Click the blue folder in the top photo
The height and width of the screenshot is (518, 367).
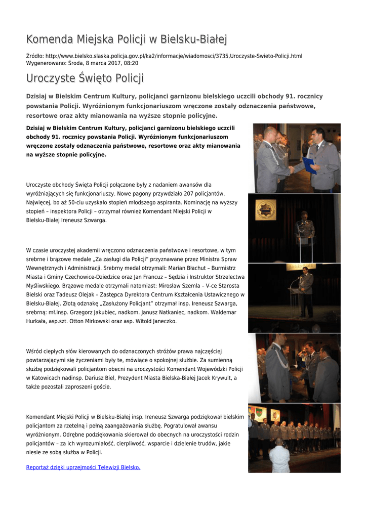tap(309, 165)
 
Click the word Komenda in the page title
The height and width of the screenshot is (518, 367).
tap(50, 39)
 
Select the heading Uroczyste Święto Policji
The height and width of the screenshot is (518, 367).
tap(85, 78)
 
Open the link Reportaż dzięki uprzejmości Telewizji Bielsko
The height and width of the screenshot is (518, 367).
tap(83, 467)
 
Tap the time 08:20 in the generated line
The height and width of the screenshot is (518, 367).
tap(131, 63)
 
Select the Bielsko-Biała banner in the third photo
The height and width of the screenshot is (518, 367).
tap(302, 267)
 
